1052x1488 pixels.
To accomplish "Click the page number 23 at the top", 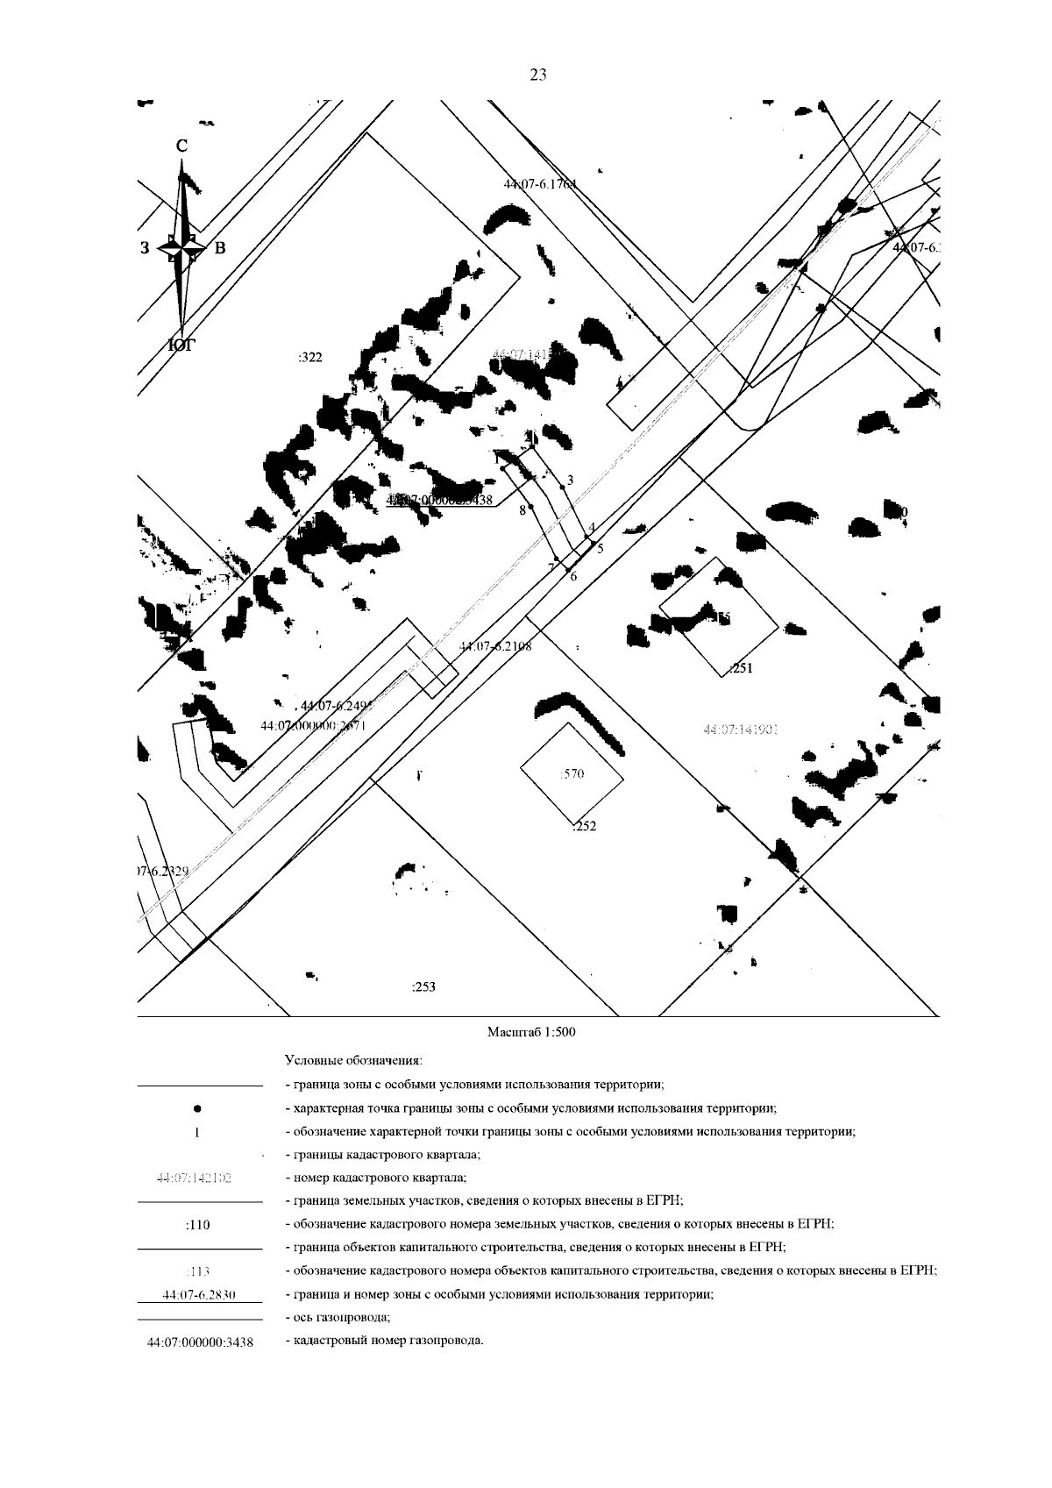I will [538, 75].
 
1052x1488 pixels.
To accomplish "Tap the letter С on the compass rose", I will [181, 146].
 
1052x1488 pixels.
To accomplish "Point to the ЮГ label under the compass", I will [181, 346].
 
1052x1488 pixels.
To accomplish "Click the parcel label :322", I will [310, 357].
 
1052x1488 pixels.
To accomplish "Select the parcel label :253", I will [423, 986].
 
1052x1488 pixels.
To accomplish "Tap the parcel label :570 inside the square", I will [572, 773].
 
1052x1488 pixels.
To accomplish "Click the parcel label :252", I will [584, 825].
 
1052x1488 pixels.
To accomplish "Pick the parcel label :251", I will [742, 668].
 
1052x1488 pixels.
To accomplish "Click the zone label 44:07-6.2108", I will [495, 646].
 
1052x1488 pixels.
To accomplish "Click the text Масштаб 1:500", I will [531, 1032].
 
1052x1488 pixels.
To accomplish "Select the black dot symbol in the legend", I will [197, 1108].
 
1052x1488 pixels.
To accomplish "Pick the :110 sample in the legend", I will [198, 1225].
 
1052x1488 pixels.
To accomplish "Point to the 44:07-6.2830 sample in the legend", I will [199, 1295].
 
